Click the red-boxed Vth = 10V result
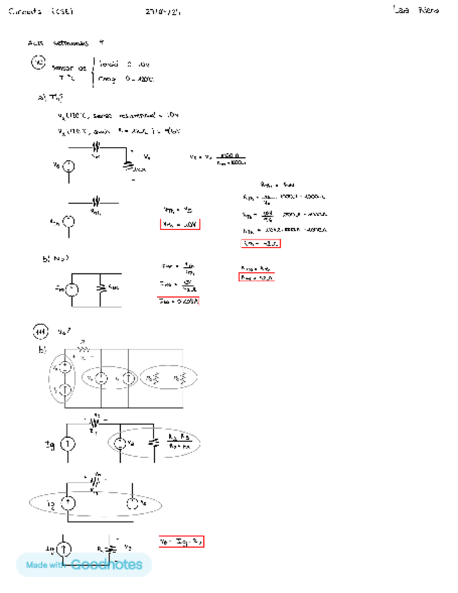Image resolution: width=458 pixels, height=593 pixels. coord(180,224)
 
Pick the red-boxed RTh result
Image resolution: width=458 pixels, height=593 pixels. coord(260,243)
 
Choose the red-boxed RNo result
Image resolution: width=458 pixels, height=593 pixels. coord(256,278)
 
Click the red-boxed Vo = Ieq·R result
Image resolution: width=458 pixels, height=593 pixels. coord(181,541)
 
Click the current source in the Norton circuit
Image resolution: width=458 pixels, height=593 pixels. coord(68,288)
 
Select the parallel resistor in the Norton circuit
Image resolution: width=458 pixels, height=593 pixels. coord(103,287)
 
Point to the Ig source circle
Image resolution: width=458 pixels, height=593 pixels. coord(68,445)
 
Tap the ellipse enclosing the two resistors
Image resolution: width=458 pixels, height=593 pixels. coord(168,378)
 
